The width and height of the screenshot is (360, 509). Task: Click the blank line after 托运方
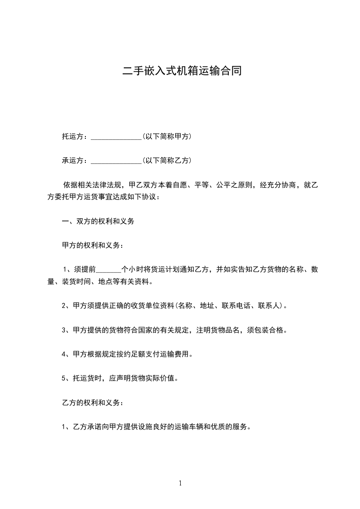pyautogui.click(x=116, y=137)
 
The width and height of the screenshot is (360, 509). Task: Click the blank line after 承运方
pyautogui.click(x=116, y=161)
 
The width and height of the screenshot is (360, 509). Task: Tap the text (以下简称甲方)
pyautogui.click(x=167, y=136)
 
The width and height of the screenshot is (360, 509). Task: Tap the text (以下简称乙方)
pyautogui.click(x=167, y=160)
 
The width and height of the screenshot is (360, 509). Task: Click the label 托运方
pyautogui.click(x=73, y=136)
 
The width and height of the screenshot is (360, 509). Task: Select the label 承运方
pyautogui.click(x=73, y=160)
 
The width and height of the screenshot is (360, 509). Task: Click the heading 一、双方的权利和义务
pyautogui.click(x=98, y=221)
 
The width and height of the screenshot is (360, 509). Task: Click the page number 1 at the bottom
pyautogui.click(x=180, y=483)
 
